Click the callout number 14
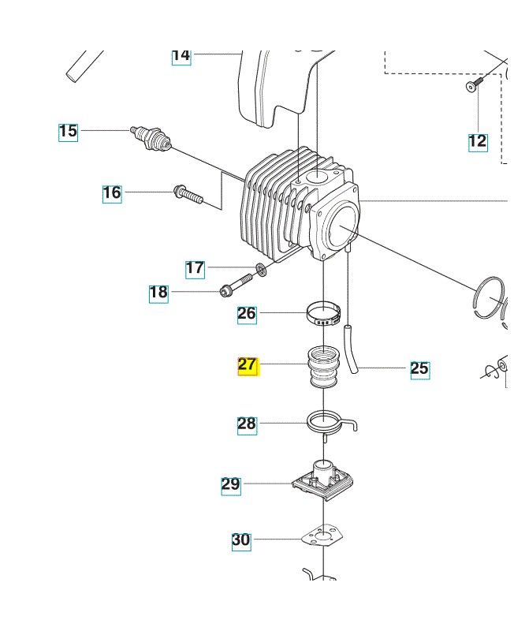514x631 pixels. [x=181, y=55]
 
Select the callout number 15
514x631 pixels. [x=69, y=131]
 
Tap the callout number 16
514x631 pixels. [x=112, y=192]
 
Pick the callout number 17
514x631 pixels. [x=195, y=269]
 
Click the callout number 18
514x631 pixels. [x=158, y=293]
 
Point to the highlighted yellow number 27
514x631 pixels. [x=248, y=365]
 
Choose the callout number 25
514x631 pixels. [x=420, y=368]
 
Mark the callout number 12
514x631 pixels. [x=478, y=142]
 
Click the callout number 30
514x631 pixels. [x=241, y=540]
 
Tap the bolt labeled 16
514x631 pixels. [x=187, y=194]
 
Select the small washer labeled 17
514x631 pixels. [x=261, y=271]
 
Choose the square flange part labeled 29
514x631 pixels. [x=323, y=478]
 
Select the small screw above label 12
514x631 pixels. [x=472, y=85]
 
